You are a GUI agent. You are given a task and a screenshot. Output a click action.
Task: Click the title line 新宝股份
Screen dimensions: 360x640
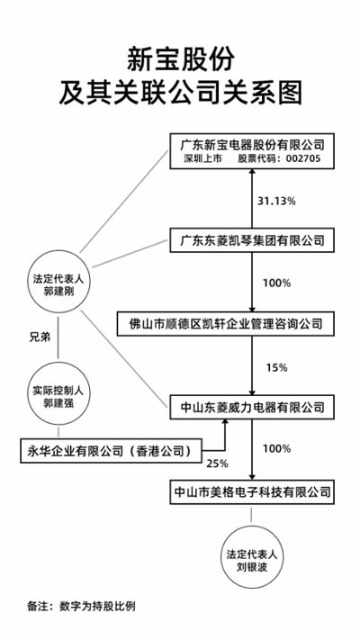coord(180,59)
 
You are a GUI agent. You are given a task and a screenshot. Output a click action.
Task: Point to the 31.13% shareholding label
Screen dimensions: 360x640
coord(276,201)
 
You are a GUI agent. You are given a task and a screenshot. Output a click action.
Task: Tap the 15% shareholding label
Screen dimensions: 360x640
coord(276,368)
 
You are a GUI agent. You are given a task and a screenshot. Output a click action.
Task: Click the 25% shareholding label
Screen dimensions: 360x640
coord(217,464)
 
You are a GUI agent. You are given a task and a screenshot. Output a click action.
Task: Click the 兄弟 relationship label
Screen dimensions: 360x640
coord(40,338)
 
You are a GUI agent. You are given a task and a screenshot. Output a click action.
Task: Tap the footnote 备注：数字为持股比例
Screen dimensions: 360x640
coord(81,606)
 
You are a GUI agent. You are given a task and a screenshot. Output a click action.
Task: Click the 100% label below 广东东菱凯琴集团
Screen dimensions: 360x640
coord(276,283)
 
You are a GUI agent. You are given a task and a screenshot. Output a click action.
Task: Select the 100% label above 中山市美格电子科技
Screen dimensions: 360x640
coord(276,448)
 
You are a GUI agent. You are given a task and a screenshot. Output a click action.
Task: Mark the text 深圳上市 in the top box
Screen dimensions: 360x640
coord(202,159)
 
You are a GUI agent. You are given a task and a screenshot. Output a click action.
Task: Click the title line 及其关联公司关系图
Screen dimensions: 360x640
coord(180,93)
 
